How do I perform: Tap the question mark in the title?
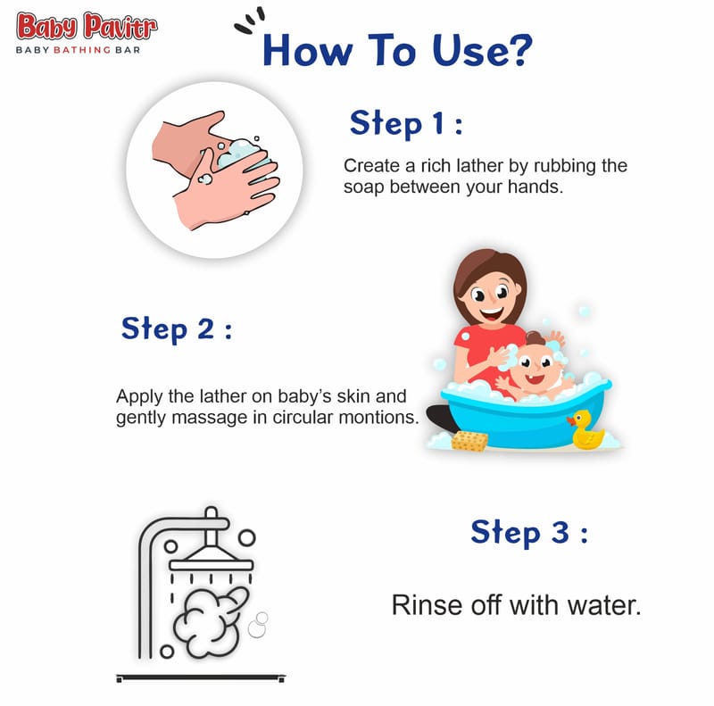[x=518, y=50]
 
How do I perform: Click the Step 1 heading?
[x=406, y=124]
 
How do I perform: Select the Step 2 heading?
[x=177, y=329]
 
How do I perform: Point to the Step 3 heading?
[x=529, y=533]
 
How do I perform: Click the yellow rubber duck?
[x=586, y=429]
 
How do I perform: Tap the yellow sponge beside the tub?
[x=469, y=441]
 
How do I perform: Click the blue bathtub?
[x=525, y=415]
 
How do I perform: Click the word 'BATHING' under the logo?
[x=82, y=50]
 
